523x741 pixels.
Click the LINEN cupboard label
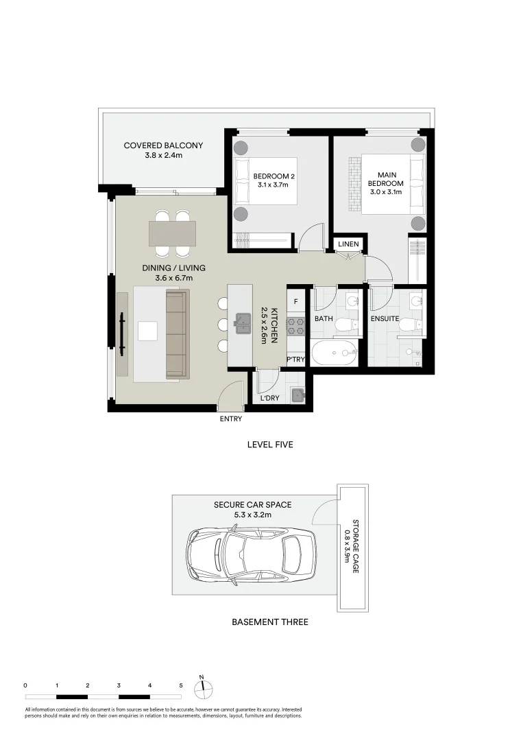pyautogui.click(x=348, y=244)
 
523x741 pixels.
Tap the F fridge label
pyautogui.click(x=295, y=301)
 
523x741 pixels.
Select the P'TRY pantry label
pyautogui.click(x=295, y=360)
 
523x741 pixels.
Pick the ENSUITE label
pyautogui.click(x=385, y=319)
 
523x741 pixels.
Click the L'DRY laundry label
pyautogui.click(x=269, y=398)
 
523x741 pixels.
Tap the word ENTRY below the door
pyautogui.click(x=230, y=419)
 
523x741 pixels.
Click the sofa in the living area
pyautogui.click(x=176, y=333)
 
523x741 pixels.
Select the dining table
pyautogui.click(x=173, y=233)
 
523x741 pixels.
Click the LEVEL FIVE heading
pyautogui.click(x=270, y=445)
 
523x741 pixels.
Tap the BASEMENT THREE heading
pyautogui.click(x=269, y=622)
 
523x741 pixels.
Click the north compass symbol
pyautogui.click(x=202, y=688)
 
